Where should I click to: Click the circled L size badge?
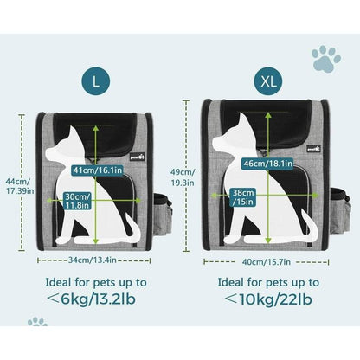(x=96, y=82)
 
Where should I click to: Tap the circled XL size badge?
(x=268, y=82)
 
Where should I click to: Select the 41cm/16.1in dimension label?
(x=97, y=170)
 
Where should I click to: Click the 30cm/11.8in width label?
(x=78, y=201)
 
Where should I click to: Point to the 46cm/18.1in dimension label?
(x=268, y=164)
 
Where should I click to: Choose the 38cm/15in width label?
(x=243, y=197)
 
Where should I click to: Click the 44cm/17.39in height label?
(x=20, y=186)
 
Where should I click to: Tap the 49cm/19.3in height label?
(x=183, y=177)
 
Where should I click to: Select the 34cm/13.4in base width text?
(x=93, y=260)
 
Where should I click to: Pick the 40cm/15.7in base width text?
(x=267, y=262)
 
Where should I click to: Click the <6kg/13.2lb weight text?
(x=91, y=299)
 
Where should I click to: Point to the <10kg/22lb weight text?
(x=268, y=299)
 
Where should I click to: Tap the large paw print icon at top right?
(x=325, y=59)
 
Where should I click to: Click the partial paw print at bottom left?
(x=37, y=322)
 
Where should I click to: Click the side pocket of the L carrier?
(x=162, y=213)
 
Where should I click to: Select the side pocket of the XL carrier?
(x=340, y=209)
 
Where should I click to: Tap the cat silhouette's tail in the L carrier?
(x=133, y=228)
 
